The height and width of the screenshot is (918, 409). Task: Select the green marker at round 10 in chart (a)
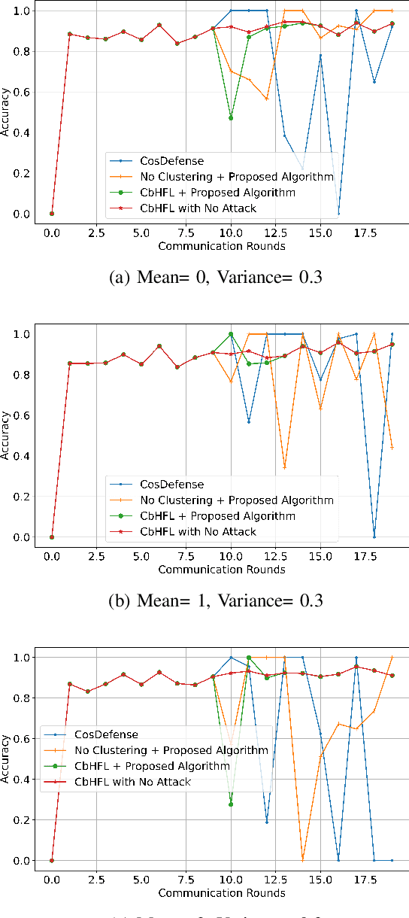click(231, 118)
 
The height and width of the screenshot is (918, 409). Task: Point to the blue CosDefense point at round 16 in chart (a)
click(338, 214)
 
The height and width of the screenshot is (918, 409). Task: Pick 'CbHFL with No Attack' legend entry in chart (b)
click(198, 531)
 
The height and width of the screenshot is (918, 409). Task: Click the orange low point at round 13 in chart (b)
click(284, 467)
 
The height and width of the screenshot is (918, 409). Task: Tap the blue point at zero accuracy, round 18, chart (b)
click(374, 537)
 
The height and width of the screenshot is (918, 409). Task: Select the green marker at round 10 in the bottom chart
click(231, 804)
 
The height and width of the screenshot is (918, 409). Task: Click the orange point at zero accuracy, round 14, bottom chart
click(302, 860)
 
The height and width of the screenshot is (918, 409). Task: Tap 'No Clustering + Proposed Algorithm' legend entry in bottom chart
click(171, 750)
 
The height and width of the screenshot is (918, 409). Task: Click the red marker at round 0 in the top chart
click(52, 214)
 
